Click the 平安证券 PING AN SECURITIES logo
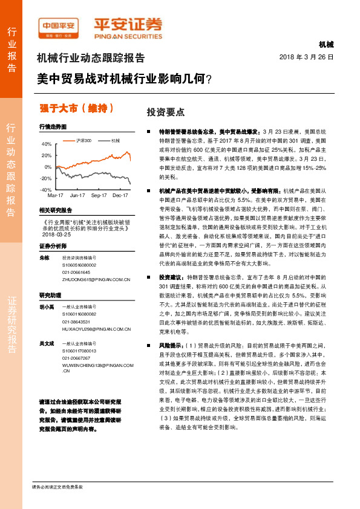128,27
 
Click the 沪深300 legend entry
83,140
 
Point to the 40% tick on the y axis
46,144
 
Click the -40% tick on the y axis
45,190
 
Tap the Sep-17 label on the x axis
99,195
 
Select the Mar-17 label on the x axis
55,195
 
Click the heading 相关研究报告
56,210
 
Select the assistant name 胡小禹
47,307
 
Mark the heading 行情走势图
52,128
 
